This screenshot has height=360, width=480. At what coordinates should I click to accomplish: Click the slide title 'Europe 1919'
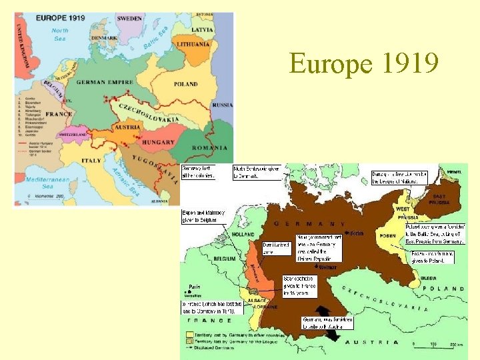[363, 65]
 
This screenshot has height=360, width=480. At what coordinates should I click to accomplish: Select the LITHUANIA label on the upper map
[193, 44]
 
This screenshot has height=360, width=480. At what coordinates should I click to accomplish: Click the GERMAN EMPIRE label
[105, 83]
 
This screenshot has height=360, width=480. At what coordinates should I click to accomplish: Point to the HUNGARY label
[158, 142]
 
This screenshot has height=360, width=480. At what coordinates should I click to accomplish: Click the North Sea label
[60, 34]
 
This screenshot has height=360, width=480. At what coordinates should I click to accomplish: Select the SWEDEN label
[129, 19]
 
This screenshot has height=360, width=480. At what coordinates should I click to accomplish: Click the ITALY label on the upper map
[91, 161]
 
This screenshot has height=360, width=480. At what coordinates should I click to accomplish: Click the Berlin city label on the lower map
[355, 233]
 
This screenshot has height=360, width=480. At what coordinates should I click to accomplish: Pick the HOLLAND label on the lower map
[243, 234]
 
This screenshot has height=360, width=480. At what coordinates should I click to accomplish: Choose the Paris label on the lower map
[194, 287]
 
